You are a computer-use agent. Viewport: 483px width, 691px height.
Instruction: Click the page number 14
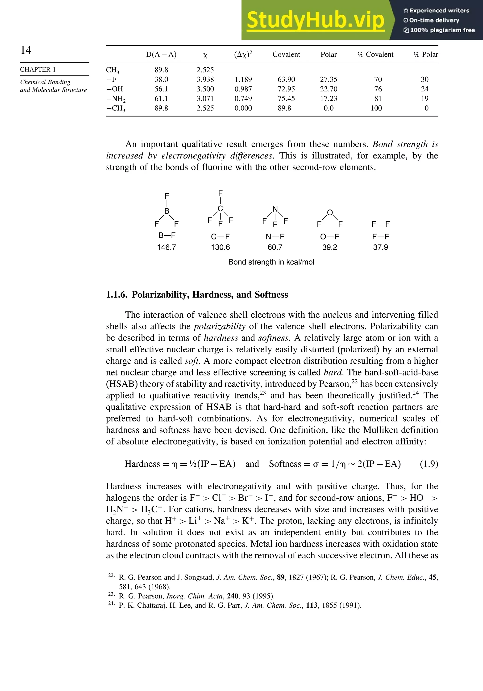click(x=26, y=50)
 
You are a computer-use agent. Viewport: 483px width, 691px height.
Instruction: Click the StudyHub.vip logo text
click(x=315, y=20)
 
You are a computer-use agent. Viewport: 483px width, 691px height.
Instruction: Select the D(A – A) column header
click(x=161, y=55)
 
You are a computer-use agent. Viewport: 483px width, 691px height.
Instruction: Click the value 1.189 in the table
click(x=243, y=79)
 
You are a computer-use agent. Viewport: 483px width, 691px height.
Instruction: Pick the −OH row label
click(x=115, y=89)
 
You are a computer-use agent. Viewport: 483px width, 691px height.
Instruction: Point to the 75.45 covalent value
click(x=286, y=99)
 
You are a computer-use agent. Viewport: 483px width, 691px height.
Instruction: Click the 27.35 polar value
click(x=329, y=79)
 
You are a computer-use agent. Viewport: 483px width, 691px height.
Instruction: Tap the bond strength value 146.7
click(x=167, y=247)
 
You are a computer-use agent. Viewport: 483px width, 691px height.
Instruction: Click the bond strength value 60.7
click(x=275, y=247)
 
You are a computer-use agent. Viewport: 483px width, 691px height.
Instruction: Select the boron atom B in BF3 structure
click(x=167, y=211)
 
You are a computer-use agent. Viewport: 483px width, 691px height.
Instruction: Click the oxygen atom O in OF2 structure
click(x=330, y=213)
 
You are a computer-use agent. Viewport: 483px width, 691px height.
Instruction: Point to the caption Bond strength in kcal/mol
click(x=271, y=262)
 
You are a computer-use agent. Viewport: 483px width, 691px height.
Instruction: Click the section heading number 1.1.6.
click(x=116, y=295)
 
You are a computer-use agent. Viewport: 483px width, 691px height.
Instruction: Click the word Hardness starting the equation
click(x=142, y=464)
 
